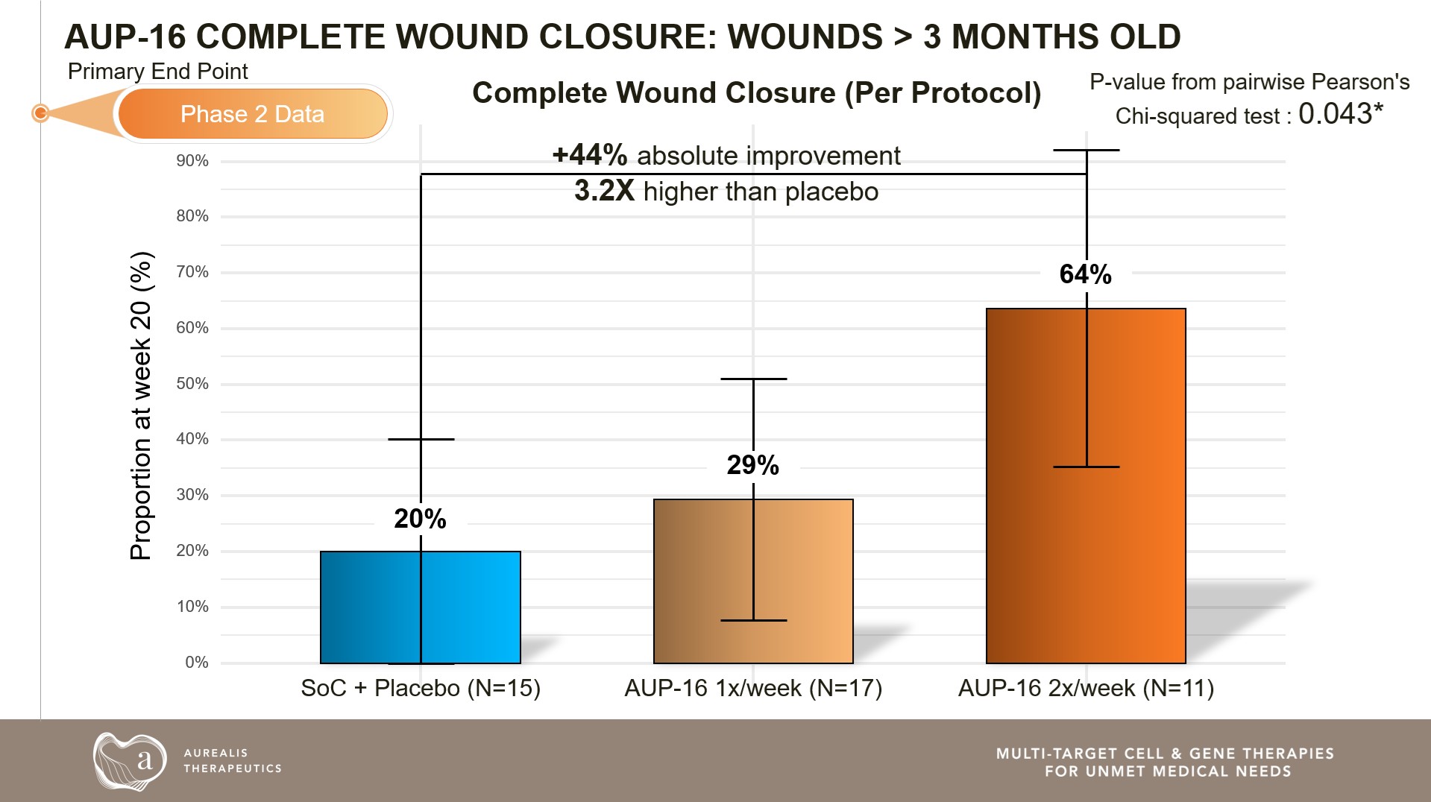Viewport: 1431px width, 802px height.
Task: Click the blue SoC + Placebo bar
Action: coord(373,607)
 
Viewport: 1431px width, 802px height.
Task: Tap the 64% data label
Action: coord(1085,274)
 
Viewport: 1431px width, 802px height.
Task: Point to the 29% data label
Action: coord(752,465)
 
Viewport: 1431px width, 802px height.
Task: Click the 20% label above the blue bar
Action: coord(420,519)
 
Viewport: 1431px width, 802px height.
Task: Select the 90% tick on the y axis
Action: coord(192,161)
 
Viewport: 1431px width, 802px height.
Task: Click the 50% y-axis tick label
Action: coord(192,384)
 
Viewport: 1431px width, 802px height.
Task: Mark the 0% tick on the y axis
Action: coord(196,663)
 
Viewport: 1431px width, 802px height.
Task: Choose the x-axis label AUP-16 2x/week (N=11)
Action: coord(1086,688)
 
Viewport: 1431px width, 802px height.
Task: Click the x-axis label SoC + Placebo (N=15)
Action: coord(421,688)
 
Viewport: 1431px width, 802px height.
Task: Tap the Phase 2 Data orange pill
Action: coord(253,114)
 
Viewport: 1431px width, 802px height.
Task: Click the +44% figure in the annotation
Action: coord(590,155)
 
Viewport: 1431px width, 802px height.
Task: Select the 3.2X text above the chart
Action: coord(604,191)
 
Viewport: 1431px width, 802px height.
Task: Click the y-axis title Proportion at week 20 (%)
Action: coord(141,405)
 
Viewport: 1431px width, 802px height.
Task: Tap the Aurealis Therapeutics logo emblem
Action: coord(130,761)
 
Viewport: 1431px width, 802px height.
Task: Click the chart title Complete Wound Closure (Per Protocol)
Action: coord(756,93)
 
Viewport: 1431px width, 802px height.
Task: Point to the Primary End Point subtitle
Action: coord(157,72)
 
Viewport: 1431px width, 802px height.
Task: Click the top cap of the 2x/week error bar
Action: coord(1086,150)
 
